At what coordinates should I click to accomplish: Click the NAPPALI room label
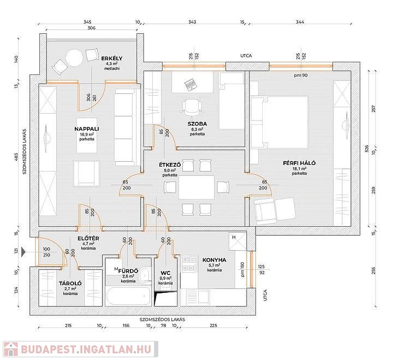pos(87,129)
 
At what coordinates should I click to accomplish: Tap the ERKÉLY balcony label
pos(112,58)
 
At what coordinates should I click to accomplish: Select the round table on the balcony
pos(74,57)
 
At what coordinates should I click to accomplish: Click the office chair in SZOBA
pos(192,106)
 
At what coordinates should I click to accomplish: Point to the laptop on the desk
pos(190,84)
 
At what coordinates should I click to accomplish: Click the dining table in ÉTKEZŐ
pos(197,187)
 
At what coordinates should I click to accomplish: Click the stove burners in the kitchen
pos(189,263)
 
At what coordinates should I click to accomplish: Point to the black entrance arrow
pos(23,252)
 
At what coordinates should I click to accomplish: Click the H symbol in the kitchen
pos(234,237)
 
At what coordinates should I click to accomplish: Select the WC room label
pos(165,273)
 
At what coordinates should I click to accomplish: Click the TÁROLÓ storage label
pos(70,284)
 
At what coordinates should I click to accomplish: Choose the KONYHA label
pos(214,260)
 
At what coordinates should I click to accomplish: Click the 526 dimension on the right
pos(366,149)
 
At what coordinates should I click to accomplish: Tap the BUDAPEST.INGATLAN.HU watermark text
pos(86,349)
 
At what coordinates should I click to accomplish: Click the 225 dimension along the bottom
pos(213,326)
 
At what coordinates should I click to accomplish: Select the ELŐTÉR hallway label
pos(88,239)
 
